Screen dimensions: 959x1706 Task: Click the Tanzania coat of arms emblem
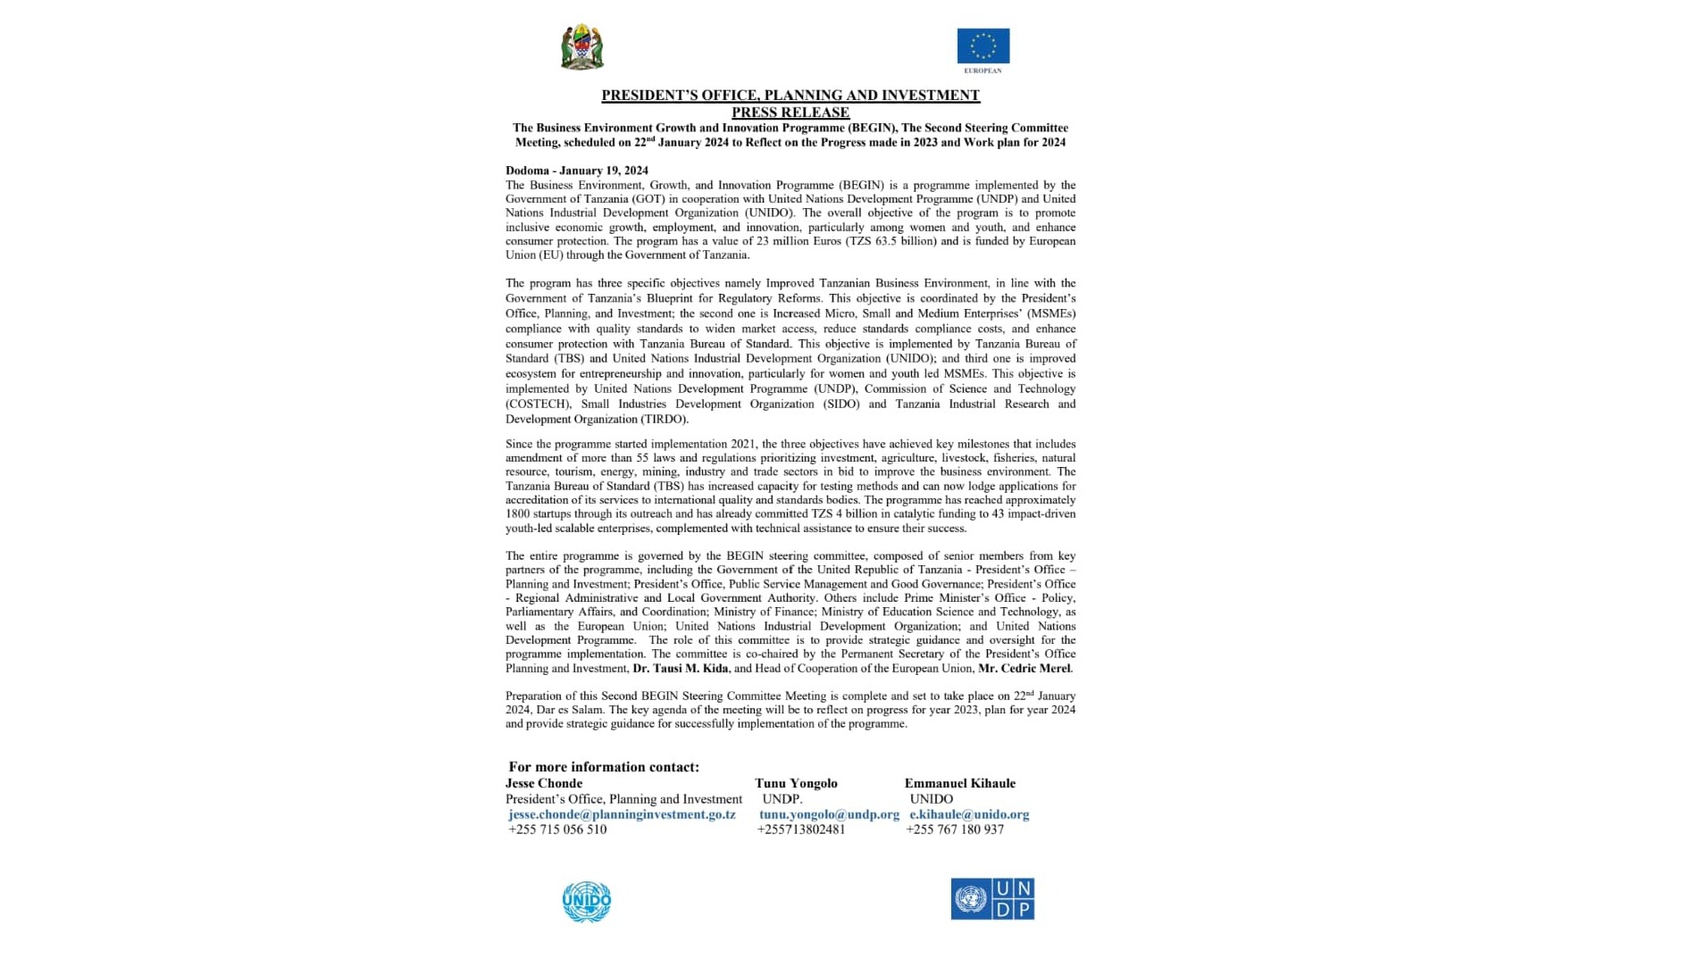(581, 47)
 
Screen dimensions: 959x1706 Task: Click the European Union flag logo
(983, 46)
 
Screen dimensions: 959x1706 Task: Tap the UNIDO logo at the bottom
(586, 901)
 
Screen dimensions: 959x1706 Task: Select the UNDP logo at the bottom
(992, 898)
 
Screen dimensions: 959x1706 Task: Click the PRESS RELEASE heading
(790, 113)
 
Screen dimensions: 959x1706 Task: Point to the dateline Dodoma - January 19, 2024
(577, 171)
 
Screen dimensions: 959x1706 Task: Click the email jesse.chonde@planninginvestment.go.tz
(622, 814)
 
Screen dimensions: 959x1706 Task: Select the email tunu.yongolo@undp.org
(829, 814)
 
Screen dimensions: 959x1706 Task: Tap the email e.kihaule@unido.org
(969, 814)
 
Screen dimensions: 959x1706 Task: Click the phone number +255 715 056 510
(557, 830)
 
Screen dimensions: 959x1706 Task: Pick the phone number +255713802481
(801, 830)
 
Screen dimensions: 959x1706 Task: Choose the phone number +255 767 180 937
(955, 830)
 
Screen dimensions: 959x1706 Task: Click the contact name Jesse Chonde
(544, 783)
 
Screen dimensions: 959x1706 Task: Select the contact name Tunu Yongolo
(796, 783)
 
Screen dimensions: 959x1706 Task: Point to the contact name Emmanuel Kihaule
(960, 783)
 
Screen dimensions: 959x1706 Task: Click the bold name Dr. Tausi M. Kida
(681, 669)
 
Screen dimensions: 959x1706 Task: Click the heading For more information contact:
(604, 767)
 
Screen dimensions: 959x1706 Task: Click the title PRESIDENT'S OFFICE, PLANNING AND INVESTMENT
(790, 96)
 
